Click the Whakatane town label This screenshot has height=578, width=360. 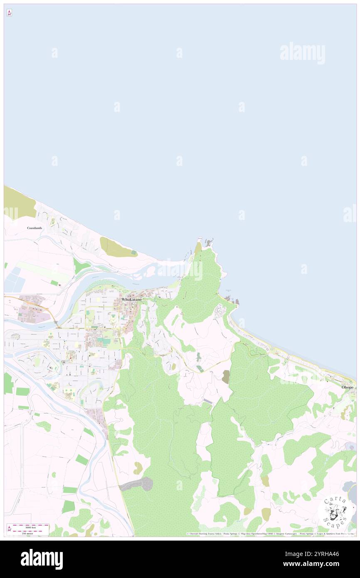coord(131,299)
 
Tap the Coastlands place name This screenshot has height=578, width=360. coord(35,228)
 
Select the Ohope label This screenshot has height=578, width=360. coord(347,387)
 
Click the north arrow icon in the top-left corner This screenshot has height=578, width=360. coord(9,13)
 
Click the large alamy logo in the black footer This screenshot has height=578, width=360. coord(42,559)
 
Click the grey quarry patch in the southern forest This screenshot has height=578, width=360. coord(139,484)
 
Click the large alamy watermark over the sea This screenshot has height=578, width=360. coord(302,53)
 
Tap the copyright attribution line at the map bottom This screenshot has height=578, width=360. coord(270,534)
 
